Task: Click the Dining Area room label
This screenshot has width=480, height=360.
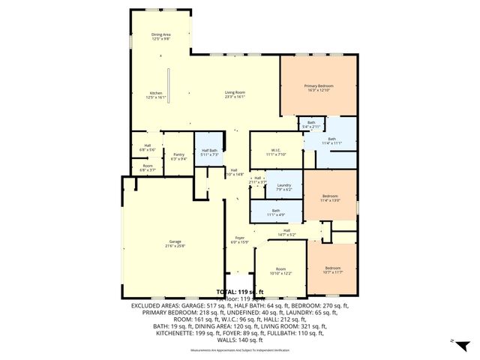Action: coord(161,36)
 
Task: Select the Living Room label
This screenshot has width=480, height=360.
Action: coord(235,94)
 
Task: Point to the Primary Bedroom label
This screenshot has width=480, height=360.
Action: coord(319,88)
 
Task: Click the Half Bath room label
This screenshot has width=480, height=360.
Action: coord(209,152)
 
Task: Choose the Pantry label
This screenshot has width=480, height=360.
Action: coord(178,156)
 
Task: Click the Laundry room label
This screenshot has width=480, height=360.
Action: coord(283,187)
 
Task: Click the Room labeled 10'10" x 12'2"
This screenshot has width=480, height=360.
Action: coord(280,271)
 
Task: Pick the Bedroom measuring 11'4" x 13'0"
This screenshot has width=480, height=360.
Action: coord(330,197)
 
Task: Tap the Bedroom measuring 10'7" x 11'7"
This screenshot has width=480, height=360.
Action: coord(332,270)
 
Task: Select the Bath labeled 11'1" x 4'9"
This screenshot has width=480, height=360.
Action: coord(275,213)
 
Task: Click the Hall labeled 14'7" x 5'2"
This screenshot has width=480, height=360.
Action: coord(286,232)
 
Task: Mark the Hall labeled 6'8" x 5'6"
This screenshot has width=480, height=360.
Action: coord(147,148)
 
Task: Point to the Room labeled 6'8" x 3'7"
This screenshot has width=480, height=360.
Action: coord(147,168)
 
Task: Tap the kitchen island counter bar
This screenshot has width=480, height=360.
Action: coord(169,86)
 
